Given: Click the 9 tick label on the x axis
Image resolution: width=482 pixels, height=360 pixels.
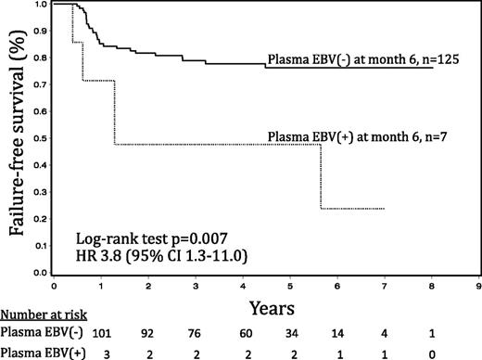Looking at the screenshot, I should coord(478,286).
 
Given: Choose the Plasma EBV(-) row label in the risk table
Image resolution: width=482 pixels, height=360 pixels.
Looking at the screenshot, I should coord(34,332).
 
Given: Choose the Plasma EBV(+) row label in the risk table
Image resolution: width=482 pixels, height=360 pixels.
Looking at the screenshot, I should coord(35,352).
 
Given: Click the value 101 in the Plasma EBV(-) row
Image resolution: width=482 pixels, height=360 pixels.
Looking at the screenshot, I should coord(102,332).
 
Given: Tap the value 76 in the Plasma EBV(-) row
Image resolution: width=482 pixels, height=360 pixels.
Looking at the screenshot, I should coord(197,332).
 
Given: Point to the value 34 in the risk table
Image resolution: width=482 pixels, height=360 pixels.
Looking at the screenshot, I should coord(291,332).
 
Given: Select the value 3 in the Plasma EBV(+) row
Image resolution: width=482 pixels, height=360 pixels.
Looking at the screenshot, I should coord(102,352).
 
